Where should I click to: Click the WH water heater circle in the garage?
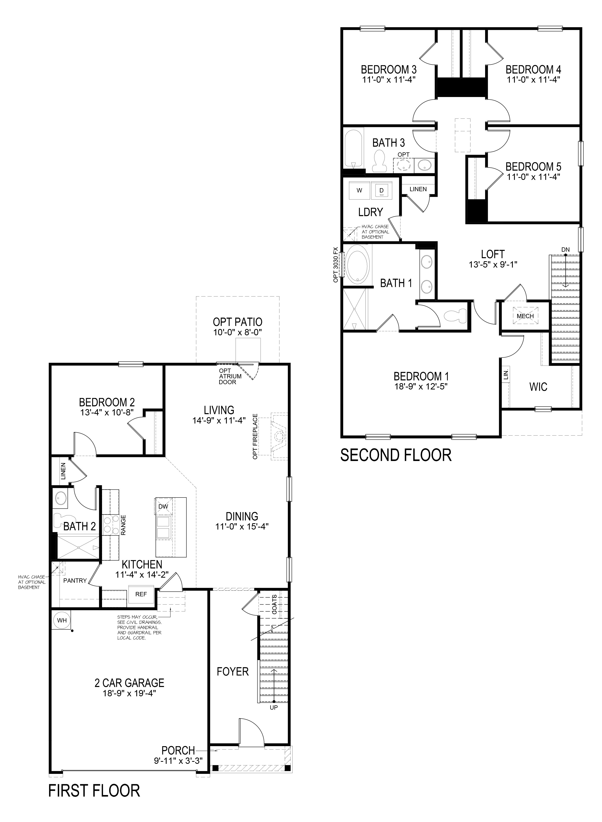61,620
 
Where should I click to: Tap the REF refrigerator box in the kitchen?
141,594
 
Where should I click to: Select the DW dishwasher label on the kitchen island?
163,507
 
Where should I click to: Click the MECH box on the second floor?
525,316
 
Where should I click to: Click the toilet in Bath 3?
381,162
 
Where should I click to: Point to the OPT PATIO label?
238,322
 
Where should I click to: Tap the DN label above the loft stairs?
565,249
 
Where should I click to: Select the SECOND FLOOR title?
396,455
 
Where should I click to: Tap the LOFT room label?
493,254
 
